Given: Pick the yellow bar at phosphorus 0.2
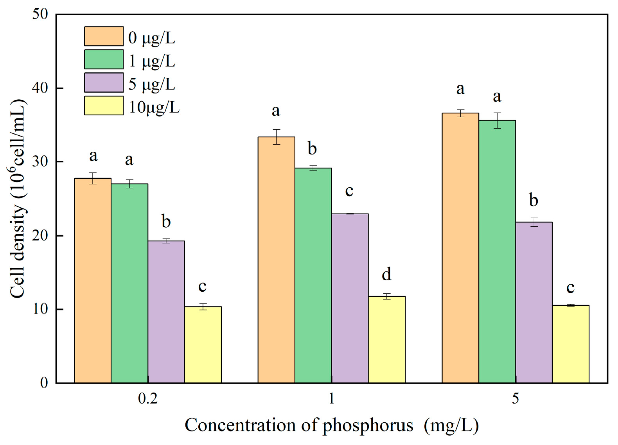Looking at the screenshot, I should [203, 345].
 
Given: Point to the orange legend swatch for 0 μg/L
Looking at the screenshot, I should [104, 36].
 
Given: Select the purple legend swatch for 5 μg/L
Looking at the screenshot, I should [104, 83].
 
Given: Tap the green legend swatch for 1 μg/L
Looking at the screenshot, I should [104, 59].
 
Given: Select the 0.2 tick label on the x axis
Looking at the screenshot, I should [148, 398].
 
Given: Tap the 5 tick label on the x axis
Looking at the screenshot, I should [516, 398].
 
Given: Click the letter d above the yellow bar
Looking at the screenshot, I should [386, 274].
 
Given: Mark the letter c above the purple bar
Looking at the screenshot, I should [349, 191].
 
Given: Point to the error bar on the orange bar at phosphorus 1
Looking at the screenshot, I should [277, 137].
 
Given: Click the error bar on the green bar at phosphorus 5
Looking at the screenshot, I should [497, 120].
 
